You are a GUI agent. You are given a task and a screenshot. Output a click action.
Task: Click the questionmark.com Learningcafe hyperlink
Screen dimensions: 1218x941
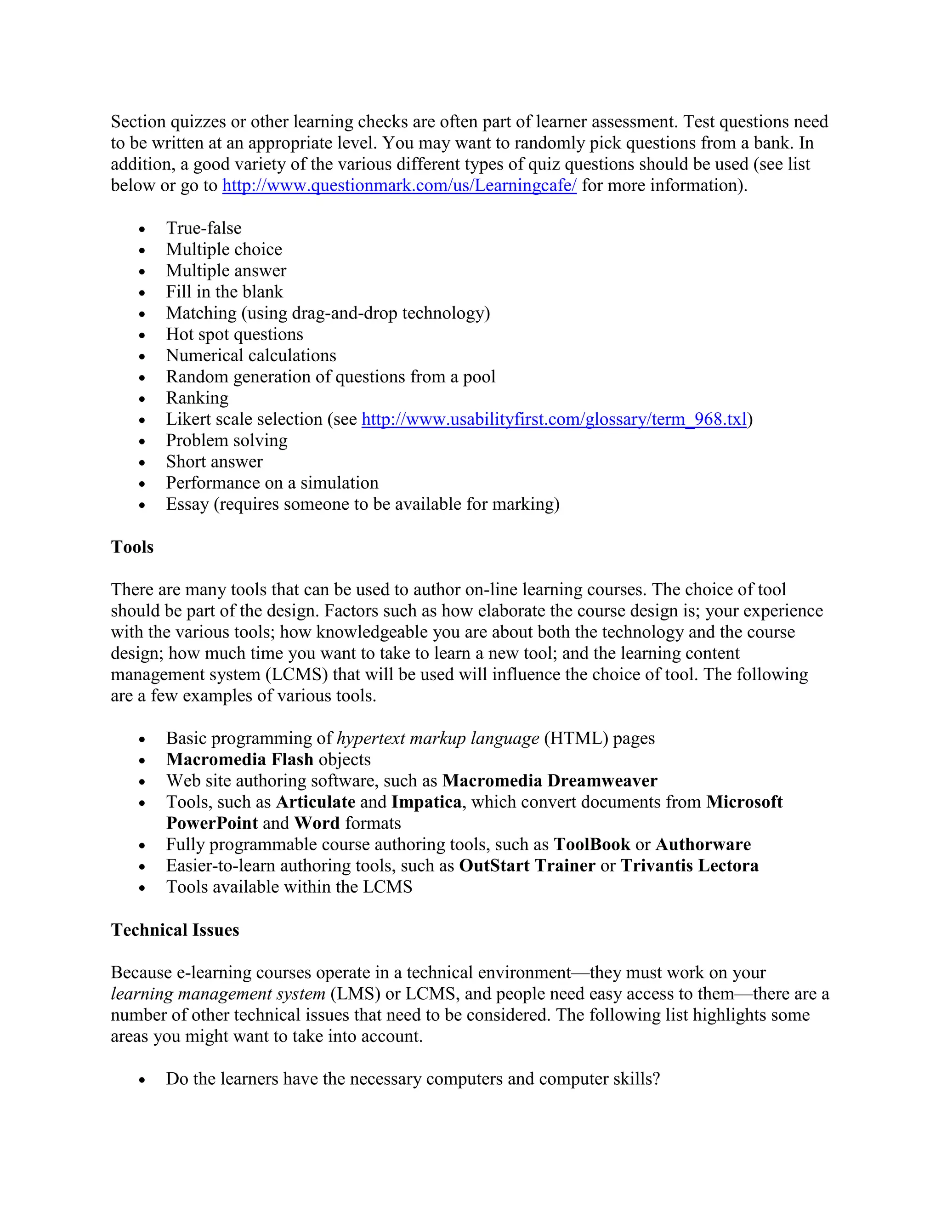tap(399, 185)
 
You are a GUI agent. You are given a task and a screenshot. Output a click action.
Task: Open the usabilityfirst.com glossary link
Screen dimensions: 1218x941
tap(554, 419)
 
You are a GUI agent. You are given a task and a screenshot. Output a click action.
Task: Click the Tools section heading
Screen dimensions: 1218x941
tap(132, 546)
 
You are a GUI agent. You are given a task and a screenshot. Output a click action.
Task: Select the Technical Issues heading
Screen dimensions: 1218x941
tap(175, 930)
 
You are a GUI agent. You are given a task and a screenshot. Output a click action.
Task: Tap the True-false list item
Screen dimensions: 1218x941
tap(204, 228)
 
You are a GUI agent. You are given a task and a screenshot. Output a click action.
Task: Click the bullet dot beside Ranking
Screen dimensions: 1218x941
tap(142, 399)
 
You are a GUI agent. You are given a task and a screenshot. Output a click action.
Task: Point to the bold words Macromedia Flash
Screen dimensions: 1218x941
tap(240, 760)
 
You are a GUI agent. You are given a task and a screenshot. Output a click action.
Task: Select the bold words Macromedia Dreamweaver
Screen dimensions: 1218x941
tap(550, 781)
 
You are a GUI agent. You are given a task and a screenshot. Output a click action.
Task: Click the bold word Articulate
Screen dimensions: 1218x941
tap(316, 802)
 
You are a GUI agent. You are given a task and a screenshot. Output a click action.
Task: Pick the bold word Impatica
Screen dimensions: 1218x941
tap(426, 802)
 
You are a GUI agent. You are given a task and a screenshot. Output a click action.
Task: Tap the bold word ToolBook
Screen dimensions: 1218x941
tap(591, 844)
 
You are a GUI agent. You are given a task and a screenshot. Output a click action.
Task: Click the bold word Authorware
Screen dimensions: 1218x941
tap(703, 844)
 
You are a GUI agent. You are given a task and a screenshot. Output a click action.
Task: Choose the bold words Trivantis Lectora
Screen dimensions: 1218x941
tap(689, 865)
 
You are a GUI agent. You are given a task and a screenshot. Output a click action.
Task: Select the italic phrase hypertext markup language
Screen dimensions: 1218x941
tap(437, 739)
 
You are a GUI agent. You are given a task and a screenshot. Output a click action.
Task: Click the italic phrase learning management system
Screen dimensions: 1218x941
tap(218, 994)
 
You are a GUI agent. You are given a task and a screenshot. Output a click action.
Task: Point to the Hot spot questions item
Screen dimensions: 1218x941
tap(234, 334)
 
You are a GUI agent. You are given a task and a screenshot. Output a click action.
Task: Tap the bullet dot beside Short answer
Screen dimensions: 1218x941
tap(142, 463)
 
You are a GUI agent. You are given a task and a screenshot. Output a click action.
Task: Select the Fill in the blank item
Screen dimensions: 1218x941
tap(224, 292)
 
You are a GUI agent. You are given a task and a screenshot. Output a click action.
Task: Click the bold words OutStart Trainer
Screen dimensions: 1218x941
tap(527, 865)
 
